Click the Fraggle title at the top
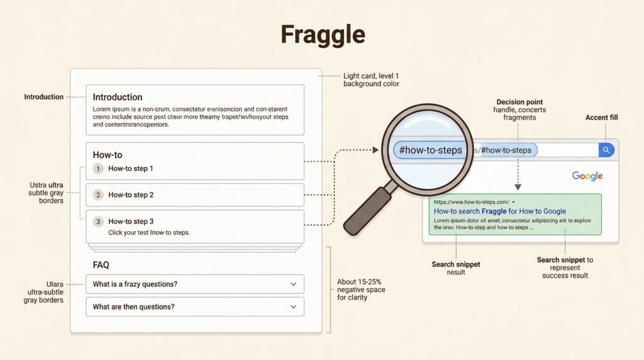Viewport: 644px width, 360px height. (322, 35)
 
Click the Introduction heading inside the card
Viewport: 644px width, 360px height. (118, 97)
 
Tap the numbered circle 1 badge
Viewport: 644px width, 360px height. (98, 169)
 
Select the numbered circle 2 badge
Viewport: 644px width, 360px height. (98, 195)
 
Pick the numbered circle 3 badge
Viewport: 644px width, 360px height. (98, 222)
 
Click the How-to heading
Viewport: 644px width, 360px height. (108, 155)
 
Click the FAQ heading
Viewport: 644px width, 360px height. (101, 266)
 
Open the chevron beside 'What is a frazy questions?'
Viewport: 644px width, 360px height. (293, 284)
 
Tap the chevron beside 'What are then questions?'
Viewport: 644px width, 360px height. (293, 307)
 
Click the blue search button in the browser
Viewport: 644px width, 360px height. (606, 150)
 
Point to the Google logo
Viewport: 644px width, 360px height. (587, 176)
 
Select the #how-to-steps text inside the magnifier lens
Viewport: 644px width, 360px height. (431, 150)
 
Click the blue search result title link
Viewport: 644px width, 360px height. (499, 211)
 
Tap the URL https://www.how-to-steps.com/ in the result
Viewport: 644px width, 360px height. (472, 201)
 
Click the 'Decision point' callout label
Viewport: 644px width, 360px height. (519, 102)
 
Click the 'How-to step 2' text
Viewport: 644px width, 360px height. (131, 195)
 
